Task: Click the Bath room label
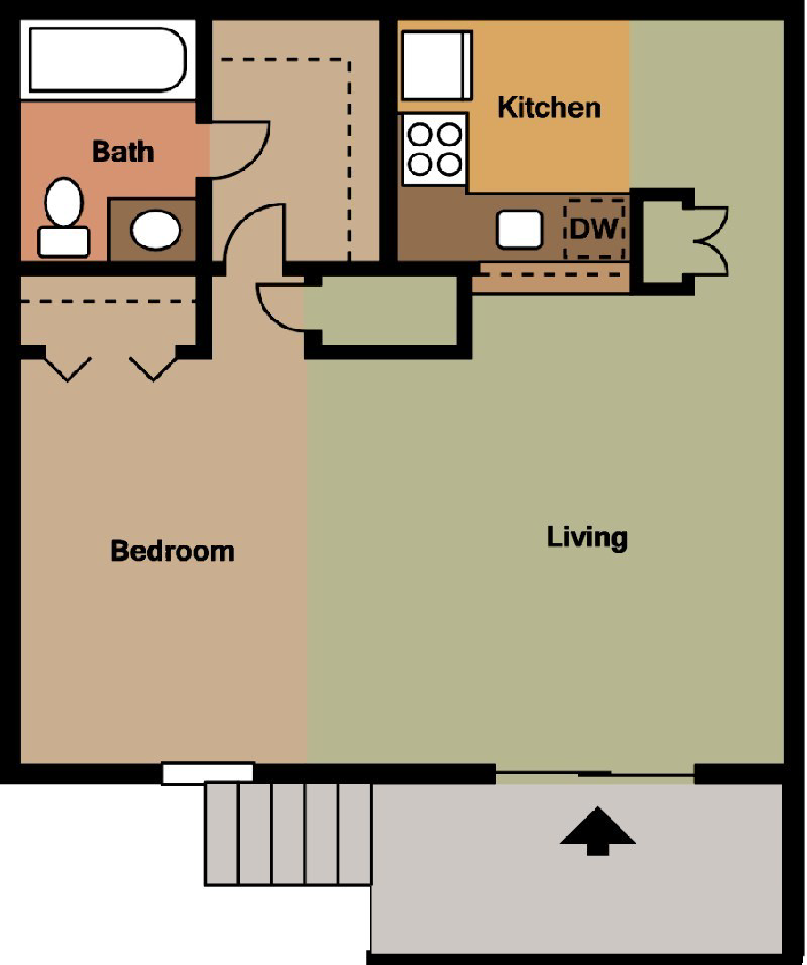coord(122,151)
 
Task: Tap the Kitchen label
coord(548,108)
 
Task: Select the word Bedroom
coord(171,551)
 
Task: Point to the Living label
coord(587,537)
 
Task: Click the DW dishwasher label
coord(594,229)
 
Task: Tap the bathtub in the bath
coord(107,60)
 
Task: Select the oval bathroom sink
coord(155,229)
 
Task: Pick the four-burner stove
coord(434,149)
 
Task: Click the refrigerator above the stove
coord(436,66)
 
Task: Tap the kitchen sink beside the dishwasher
coord(520,229)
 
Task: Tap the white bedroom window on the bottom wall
coord(208,773)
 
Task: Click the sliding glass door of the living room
coord(595,773)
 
